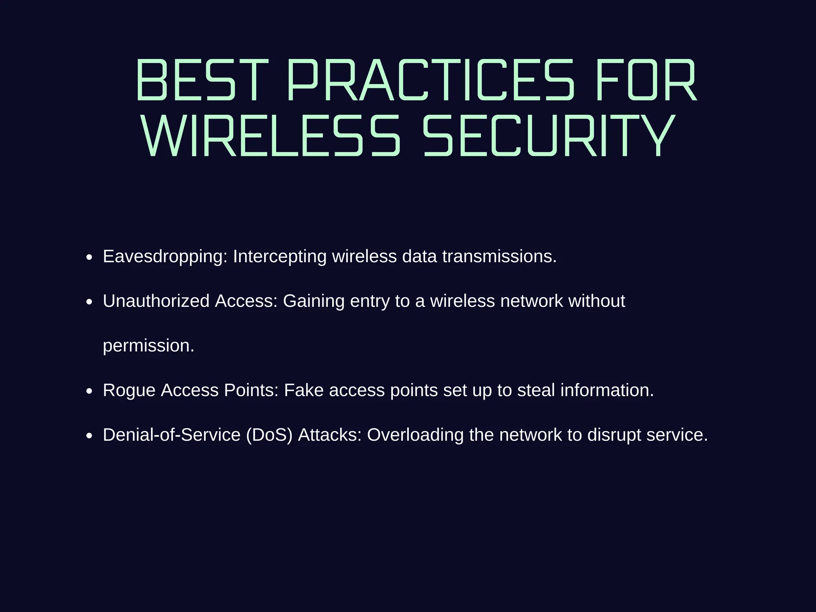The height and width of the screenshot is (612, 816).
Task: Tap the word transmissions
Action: [x=499, y=257]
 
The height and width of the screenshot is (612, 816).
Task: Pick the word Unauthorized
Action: [x=156, y=301]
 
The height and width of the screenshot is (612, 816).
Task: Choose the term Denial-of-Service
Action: [x=172, y=435]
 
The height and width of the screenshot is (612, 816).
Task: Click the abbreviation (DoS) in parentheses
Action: [x=269, y=435]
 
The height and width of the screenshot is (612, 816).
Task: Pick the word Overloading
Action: [x=415, y=435]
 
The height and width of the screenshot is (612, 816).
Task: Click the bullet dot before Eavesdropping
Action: [x=89, y=258]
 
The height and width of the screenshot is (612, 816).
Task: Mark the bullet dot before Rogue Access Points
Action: [x=89, y=392]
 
